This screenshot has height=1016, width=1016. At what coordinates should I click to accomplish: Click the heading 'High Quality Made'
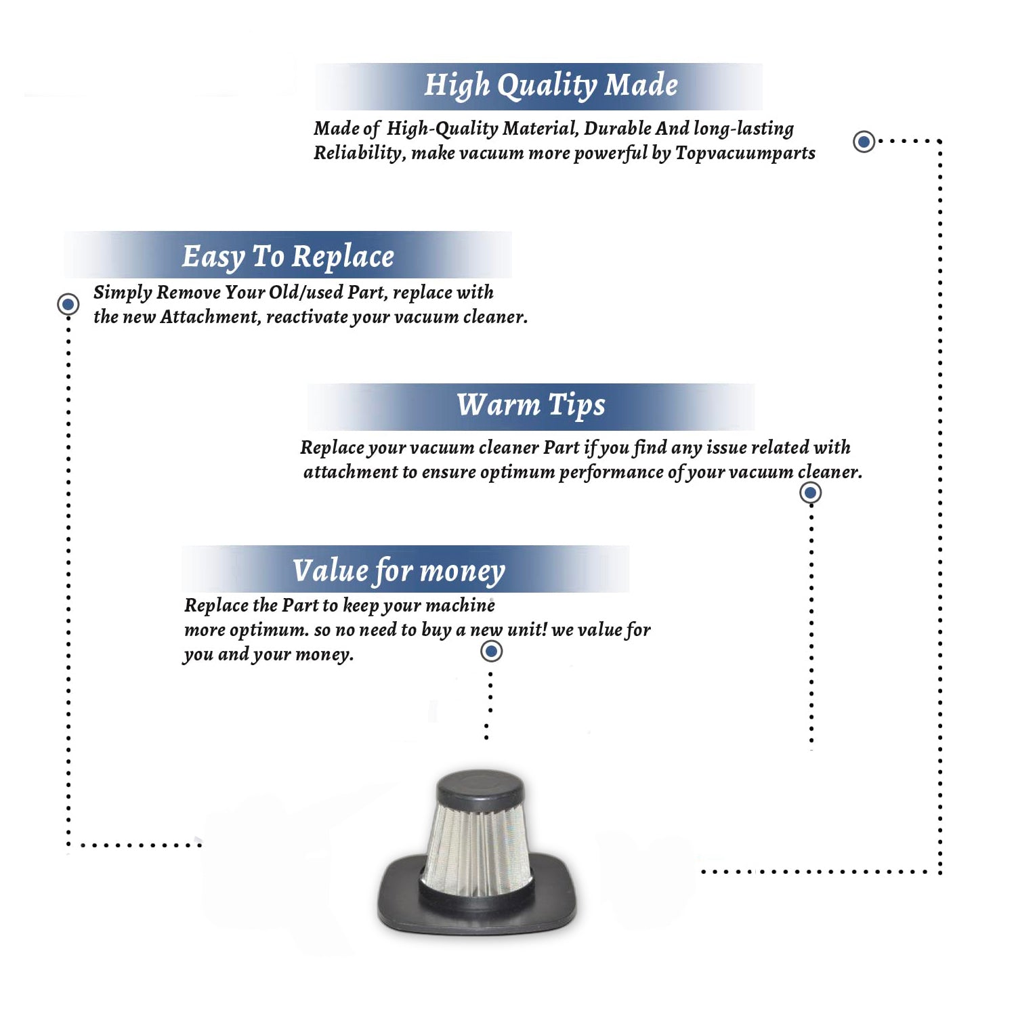[x=551, y=86]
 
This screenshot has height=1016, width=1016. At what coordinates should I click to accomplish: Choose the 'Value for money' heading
[x=399, y=571]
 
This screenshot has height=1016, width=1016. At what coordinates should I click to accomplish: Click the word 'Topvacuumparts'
[x=745, y=154]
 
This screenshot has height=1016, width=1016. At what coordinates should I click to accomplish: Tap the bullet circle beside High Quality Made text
[x=864, y=142]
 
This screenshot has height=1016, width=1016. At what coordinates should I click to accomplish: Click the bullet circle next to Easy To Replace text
[x=68, y=304]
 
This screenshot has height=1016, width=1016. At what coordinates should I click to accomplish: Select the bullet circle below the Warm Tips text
[x=811, y=492]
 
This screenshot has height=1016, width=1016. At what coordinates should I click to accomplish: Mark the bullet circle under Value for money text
[x=491, y=652]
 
